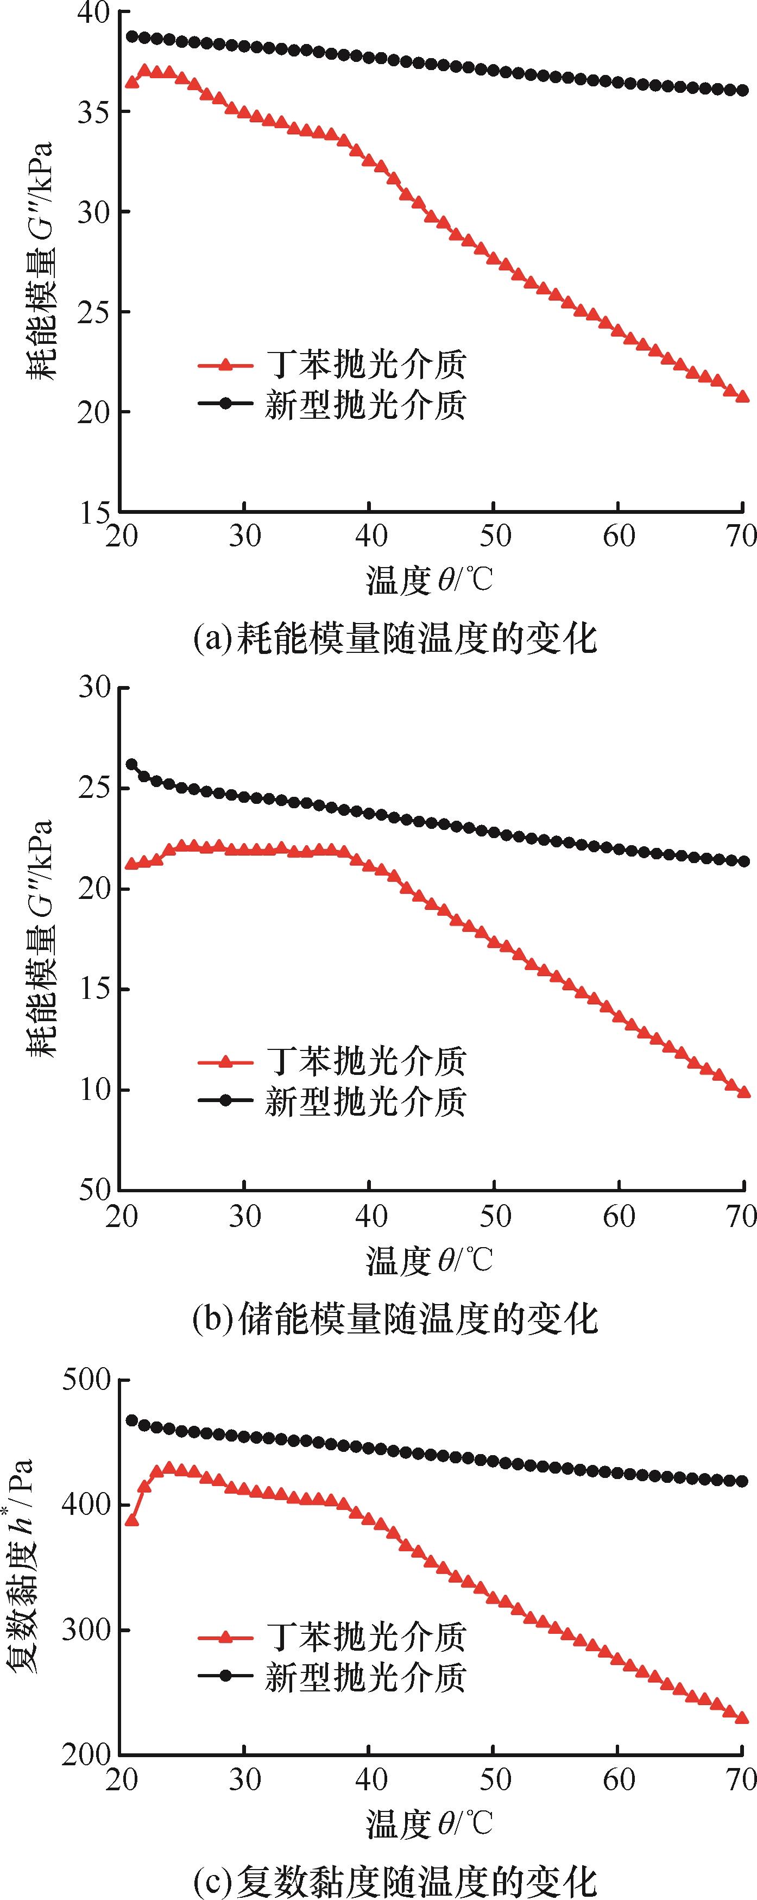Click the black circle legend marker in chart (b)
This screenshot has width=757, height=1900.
[x=226, y=1100]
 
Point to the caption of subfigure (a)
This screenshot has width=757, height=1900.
[x=394, y=638]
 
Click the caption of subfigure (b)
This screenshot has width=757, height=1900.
[x=394, y=1318]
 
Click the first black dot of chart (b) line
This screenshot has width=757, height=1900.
[x=132, y=764]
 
